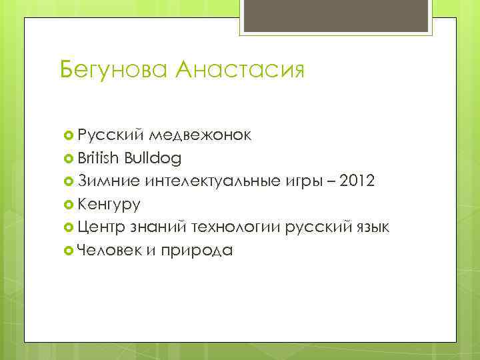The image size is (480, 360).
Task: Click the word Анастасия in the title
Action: (x=240, y=69)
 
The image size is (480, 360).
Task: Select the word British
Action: (x=98, y=158)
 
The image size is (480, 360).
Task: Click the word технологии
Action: (x=236, y=227)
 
